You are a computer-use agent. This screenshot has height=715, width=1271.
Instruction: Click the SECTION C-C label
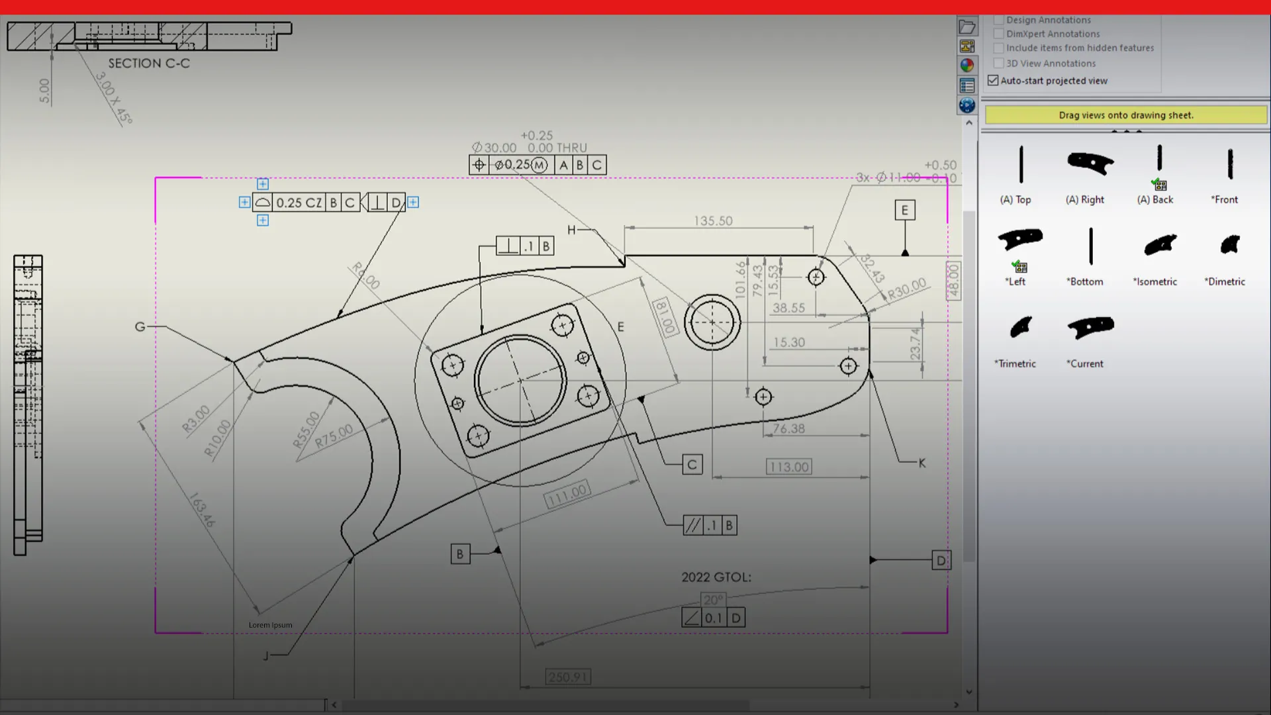149,64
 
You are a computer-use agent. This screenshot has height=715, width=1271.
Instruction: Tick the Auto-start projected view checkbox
993,81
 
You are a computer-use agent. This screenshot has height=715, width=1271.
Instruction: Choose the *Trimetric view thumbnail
1020,327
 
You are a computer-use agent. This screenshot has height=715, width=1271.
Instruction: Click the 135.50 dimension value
713,221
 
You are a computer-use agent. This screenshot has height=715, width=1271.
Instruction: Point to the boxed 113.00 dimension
788,467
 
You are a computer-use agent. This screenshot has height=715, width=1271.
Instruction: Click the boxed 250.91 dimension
568,677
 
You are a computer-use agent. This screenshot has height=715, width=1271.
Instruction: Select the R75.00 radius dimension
334,436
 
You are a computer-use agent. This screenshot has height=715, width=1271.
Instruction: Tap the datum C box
692,465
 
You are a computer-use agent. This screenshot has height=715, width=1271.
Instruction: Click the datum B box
460,554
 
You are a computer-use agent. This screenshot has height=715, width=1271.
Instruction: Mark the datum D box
941,561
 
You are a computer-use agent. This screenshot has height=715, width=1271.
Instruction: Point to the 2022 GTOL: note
716,577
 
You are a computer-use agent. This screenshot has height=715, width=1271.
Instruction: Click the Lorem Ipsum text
270,625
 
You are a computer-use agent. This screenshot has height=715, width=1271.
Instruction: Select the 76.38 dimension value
788,429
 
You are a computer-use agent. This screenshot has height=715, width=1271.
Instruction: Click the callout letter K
922,463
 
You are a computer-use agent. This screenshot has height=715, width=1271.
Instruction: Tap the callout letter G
140,326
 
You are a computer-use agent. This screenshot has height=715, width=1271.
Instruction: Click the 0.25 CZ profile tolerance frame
306,203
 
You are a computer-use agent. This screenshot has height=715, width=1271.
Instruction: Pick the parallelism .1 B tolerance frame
710,526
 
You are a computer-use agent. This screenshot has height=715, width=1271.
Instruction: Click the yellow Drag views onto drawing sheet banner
1125,115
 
